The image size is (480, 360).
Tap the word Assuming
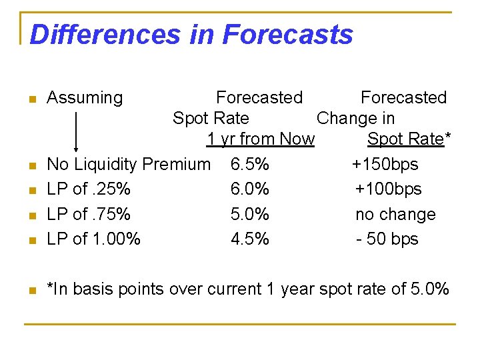(85, 98)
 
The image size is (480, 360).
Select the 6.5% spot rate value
(249, 164)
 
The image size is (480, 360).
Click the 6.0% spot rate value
(250, 189)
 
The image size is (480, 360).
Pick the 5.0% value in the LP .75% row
(250, 215)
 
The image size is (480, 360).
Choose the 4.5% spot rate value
(250, 239)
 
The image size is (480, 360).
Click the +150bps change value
(385, 164)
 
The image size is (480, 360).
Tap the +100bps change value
(388, 189)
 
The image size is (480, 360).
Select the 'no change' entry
(395, 215)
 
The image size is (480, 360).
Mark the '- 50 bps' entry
(387, 239)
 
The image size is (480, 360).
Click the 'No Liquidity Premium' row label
(129, 164)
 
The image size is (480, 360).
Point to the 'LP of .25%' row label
(89, 189)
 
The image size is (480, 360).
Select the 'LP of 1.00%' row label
(94, 239)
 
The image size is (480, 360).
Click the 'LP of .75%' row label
(89, 215)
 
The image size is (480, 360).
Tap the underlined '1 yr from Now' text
(260, 139)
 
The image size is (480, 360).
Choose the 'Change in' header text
(355, 119)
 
